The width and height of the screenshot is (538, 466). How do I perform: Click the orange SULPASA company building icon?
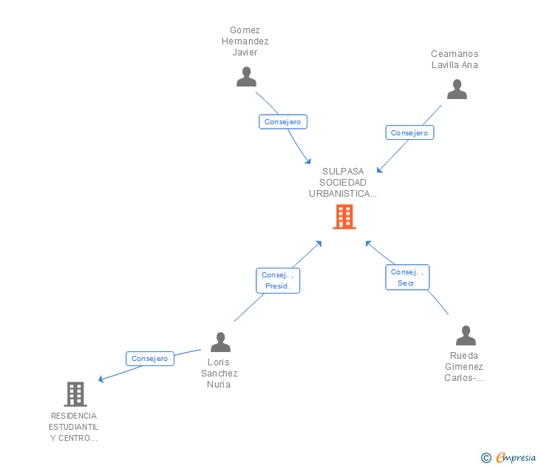344,217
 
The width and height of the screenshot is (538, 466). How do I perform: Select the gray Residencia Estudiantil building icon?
75,394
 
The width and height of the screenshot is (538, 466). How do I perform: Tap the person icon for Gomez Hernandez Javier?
246,77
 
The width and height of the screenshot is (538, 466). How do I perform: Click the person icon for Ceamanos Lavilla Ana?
457,90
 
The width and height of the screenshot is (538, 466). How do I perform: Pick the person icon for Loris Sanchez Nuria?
220,342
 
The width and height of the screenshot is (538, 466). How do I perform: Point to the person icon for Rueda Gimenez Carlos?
466,335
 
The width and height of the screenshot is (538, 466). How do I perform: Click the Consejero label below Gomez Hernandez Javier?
282,122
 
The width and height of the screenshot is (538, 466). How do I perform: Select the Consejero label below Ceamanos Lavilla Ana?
409,133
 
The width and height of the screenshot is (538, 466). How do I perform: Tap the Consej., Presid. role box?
278,280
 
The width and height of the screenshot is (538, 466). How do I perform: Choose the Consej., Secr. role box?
407,277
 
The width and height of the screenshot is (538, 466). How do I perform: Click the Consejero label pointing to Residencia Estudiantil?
150,359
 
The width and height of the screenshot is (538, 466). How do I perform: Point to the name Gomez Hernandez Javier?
245,41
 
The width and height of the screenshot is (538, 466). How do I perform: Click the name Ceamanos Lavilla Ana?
454,59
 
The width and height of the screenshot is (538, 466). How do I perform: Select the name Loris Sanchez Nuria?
219,374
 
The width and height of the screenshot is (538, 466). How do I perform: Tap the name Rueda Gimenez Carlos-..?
464,367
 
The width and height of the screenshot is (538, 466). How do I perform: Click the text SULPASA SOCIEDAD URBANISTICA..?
343,183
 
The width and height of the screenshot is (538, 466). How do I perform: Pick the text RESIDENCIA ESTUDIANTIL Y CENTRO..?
73,427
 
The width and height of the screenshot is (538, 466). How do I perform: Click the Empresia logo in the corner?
516,458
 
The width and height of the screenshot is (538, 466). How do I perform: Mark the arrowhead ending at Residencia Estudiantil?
101,380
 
